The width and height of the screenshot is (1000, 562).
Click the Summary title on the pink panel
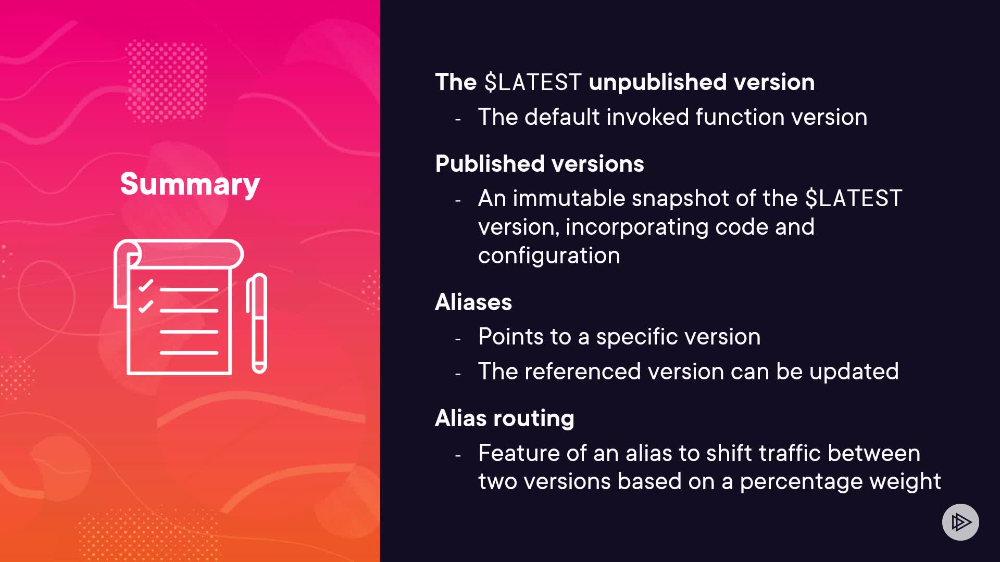coord(190,184)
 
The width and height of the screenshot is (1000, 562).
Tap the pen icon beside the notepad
coord(257,323)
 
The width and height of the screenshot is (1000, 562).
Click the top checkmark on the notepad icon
coord(146,285)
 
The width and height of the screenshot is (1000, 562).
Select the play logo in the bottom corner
coord(960,522)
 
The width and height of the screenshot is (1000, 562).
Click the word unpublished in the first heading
coord(657,82)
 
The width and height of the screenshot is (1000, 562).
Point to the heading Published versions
coord(540,163)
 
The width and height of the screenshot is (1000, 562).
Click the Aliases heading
coord(473,302)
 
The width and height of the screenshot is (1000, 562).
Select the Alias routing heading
coord(505,418)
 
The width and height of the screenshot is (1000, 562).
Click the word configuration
coord(549,256)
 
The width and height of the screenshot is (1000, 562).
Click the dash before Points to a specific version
coord(458,339)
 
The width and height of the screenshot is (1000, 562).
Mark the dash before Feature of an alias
coord(458,456)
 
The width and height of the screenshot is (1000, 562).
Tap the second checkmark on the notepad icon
coord(146,306)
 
